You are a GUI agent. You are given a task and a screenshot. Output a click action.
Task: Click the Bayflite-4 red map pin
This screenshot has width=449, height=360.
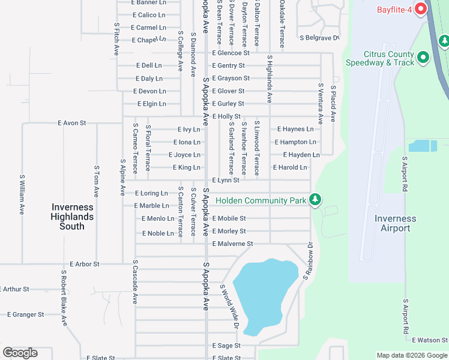(x=420, y=9)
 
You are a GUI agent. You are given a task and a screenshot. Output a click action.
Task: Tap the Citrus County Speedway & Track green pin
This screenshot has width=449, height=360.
(x=424, y=58)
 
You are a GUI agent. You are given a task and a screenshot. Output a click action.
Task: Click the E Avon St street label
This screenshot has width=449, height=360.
(x=72, y=123)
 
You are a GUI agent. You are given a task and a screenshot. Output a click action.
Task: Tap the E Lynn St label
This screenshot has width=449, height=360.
(x=226, y=180)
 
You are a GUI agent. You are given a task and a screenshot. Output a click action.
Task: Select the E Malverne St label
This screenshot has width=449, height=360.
(x=232, y=244)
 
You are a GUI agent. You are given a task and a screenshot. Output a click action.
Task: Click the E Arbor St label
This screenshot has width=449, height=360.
(x=85, y=264)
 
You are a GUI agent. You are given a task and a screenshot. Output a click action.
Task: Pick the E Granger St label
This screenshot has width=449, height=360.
(x=25, y=314)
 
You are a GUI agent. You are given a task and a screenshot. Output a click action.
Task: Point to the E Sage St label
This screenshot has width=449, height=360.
(x=226, y=346)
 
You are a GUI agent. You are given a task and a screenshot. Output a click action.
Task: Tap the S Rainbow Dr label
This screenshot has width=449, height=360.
(x=308, y=260)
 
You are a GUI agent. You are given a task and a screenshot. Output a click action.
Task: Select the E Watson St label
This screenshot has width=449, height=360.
(x=426, y=340)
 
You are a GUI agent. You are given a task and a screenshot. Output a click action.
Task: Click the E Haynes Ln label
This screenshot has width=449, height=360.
(x=295, y=129)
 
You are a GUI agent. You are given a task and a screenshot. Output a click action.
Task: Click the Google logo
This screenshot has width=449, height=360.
(x=20, y=353)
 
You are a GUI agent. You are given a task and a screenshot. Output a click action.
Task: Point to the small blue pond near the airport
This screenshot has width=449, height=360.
(x=423, y=146)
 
